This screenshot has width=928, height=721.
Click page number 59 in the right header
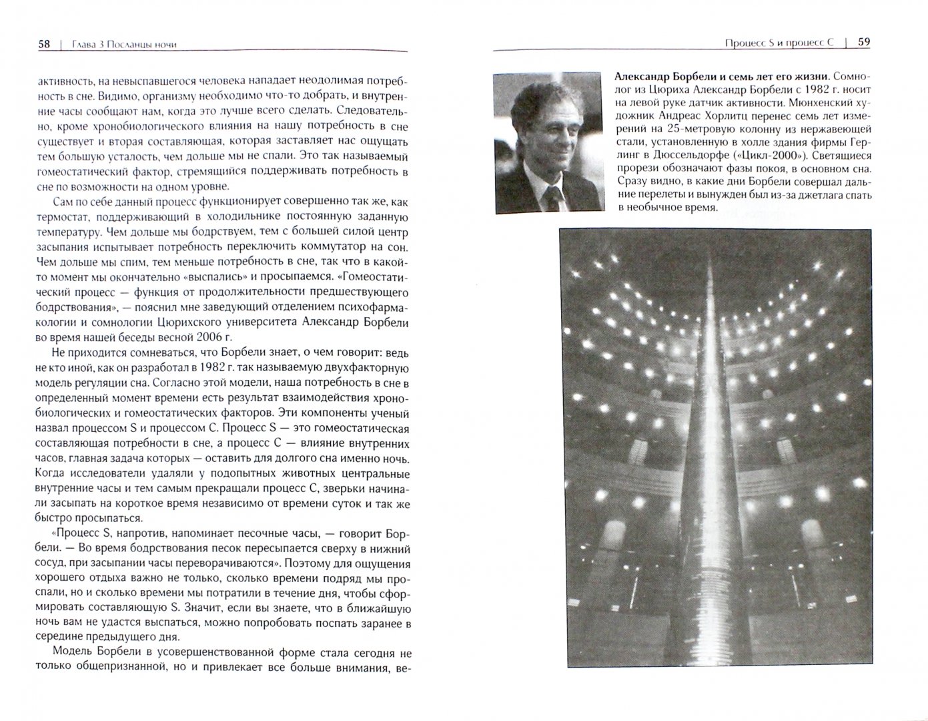[x=863, y=42]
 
